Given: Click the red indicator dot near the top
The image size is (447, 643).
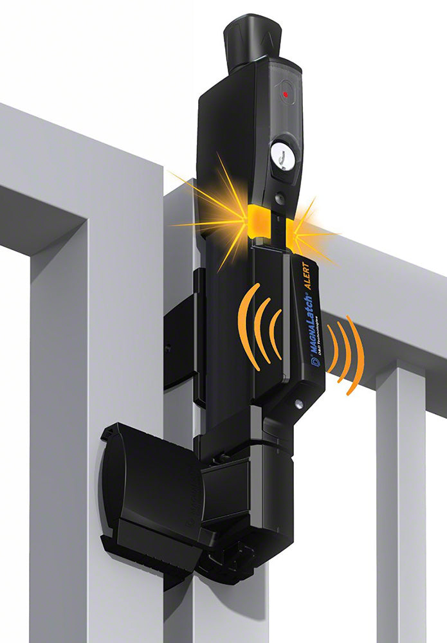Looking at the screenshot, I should [286, 95].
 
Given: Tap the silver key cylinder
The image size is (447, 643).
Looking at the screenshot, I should [281, 155].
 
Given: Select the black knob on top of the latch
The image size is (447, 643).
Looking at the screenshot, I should [253, 42].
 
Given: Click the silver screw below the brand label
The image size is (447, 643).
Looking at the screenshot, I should [298, 404].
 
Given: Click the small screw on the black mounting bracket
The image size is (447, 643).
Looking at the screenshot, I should [167, 349].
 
